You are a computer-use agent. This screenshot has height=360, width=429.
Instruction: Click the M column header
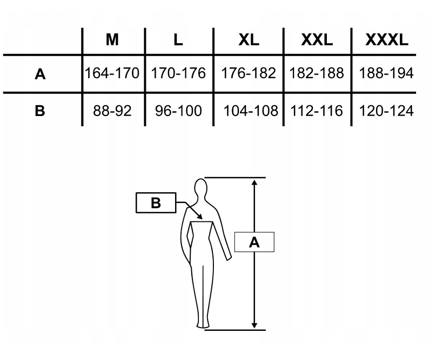112,40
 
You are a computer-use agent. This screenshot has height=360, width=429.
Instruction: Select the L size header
178,40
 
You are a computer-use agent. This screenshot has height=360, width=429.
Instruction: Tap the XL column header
249,40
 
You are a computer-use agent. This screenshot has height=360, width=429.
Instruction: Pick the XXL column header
317,40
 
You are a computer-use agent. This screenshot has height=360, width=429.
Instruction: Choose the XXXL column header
387,40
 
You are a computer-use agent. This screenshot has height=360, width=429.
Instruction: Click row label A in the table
40,74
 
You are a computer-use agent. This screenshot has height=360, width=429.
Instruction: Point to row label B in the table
40,111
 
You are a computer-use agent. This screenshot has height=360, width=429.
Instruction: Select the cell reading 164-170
112,73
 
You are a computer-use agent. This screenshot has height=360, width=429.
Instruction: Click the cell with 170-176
178,73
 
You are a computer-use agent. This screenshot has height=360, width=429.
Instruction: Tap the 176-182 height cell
249,73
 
